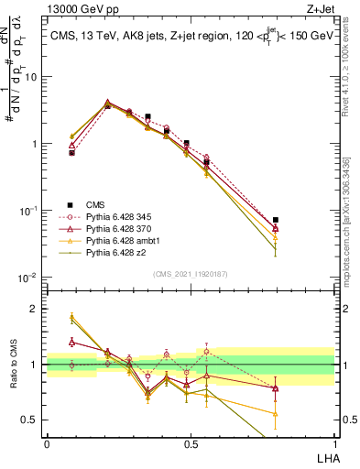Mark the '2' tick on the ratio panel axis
[x=38, y=309]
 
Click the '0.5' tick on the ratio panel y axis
[x=33, y=420]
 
